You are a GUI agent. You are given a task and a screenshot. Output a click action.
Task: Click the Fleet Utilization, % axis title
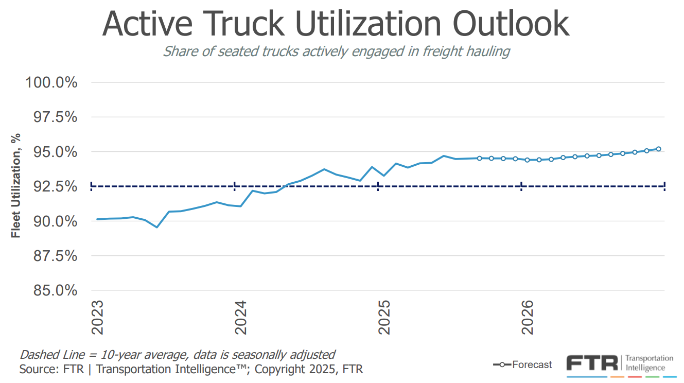point(16,186)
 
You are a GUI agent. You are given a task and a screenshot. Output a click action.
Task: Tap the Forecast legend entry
point(532,365)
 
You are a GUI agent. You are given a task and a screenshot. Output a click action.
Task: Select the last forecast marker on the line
point(658,149)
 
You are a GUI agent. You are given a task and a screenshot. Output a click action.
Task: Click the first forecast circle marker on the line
point(479,158)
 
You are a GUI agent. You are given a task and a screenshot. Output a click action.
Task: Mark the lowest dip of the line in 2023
point(157,227)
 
